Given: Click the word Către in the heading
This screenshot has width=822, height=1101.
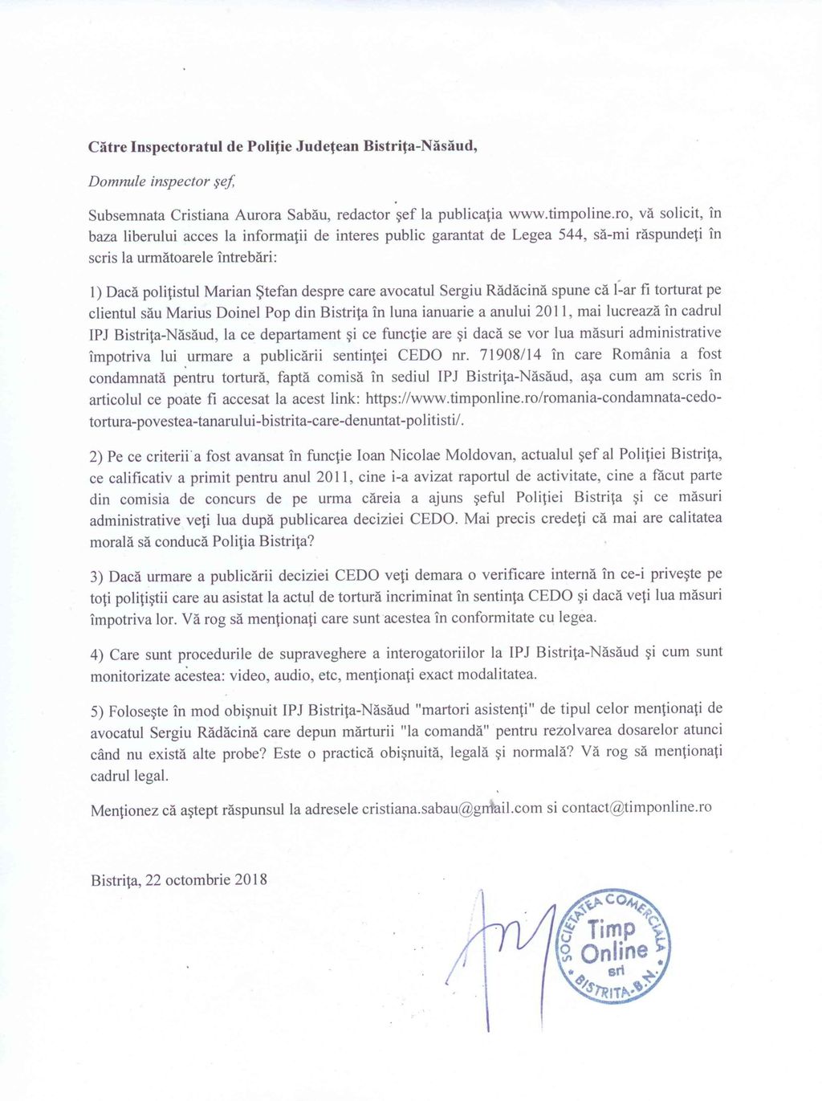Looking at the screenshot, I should pyautogui.click(x=108, y=148).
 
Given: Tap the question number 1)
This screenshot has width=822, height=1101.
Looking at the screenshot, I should pyautogui.click(x=96, y=291).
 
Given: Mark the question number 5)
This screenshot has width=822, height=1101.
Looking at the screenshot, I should pyautogui.click(x=97, y=711).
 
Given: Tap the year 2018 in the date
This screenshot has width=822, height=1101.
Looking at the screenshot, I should pyautogui.click(x=251, y=879).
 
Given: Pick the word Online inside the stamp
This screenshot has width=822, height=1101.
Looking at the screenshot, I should pyautogui.click(x=615, y=952).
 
